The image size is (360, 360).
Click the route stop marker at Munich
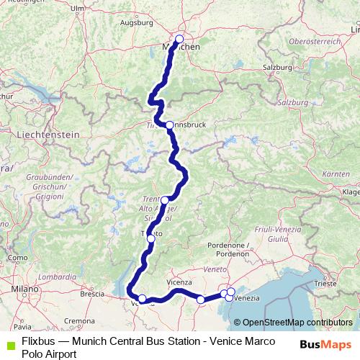(179, 40)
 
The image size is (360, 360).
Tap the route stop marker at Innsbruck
(169, 125)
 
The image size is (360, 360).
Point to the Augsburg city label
(138, 22)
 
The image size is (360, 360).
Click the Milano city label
(24, 289)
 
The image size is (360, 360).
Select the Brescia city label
(93, 294)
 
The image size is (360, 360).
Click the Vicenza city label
(180, 282)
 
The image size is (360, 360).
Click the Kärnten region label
(334, 174)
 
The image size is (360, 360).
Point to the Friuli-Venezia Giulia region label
(268, 232)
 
